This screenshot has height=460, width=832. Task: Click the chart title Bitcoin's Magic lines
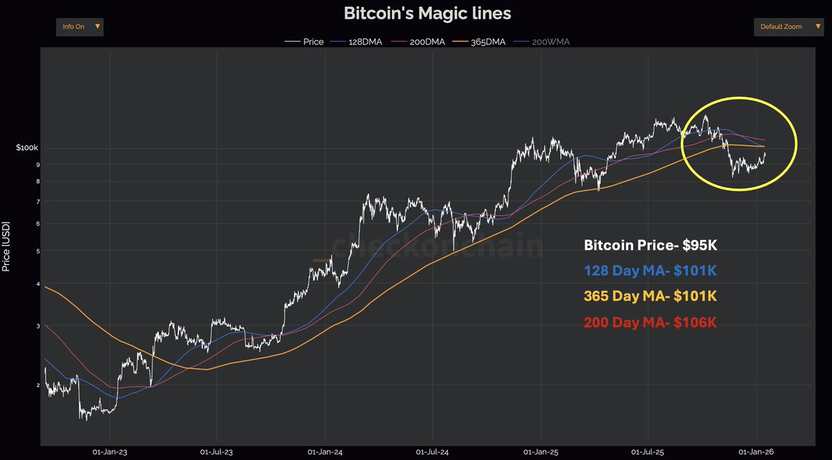click(x=427, y=13)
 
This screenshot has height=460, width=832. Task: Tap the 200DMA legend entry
click(x=422, y=42)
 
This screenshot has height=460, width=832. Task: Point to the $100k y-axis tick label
click(x=28, y=148)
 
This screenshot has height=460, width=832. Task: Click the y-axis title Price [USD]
click(x=6, y=246)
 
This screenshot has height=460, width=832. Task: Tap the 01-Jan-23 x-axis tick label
click(x=110, y=452)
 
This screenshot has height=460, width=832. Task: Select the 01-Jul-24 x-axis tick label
click(x=433, y=452)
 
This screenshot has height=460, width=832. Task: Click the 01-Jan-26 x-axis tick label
click(x=756, y=452)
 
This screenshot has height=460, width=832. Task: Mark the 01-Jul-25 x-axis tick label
click(x=647, y=452)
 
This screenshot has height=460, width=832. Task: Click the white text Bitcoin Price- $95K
click(x=655, y=245)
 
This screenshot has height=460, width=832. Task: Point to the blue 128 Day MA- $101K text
click(x=650, y=271)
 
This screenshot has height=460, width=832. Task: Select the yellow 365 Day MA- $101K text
click(x=650, y=296)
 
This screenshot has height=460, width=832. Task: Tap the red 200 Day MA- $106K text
click(x=650, y=322)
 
